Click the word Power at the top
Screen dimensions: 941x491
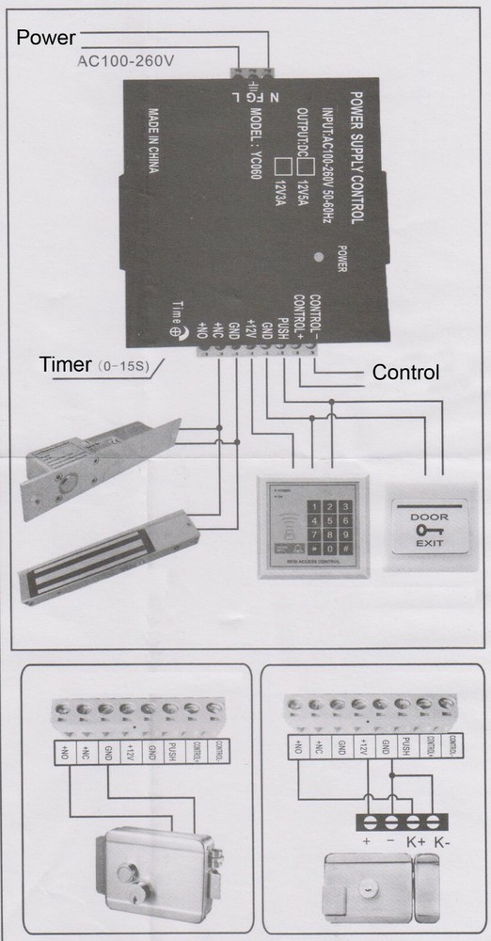[44, 39]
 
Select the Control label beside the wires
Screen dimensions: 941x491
[405, 373]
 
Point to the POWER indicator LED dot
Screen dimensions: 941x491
[320, 255]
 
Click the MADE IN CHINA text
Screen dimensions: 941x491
[152, 151]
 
